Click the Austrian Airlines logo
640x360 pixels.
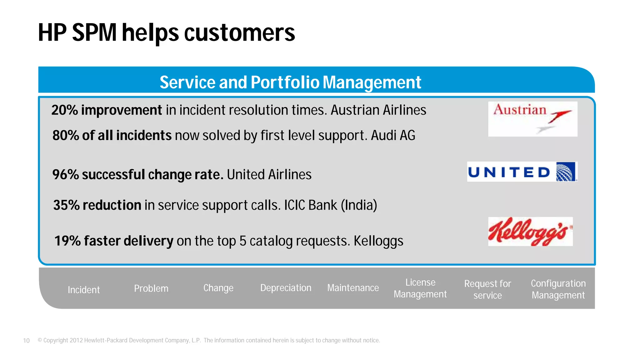click(x=532, y=119)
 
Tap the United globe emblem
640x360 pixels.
click(x=566, y=172)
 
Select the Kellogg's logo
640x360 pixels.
click(x=530, y=232)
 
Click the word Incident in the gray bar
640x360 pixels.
click(x=84, y=290)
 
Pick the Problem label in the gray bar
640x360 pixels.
click(x=151, y=288)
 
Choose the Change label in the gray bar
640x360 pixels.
click(x=218, y=288)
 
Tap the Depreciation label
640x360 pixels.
click(x=286, y=288)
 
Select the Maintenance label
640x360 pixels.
click(x=353, y=288)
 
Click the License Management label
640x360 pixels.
click(x=420, y=288)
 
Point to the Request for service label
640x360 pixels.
click(x=487, y=289)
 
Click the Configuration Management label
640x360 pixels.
click(x=558, y=289)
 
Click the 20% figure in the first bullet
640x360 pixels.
click(x=64, y=110)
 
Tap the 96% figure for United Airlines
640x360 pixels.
click(x=65, y=175)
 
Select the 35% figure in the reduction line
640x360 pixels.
click(x=66, y=205)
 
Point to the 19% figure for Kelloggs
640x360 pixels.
click(x=67, y=241)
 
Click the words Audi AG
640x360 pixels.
click(x=393, y=136)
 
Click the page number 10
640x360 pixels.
click(x=26, y=341)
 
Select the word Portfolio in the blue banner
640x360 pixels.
click(x=285, y=82)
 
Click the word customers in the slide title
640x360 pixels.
click(x=239, y=33)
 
